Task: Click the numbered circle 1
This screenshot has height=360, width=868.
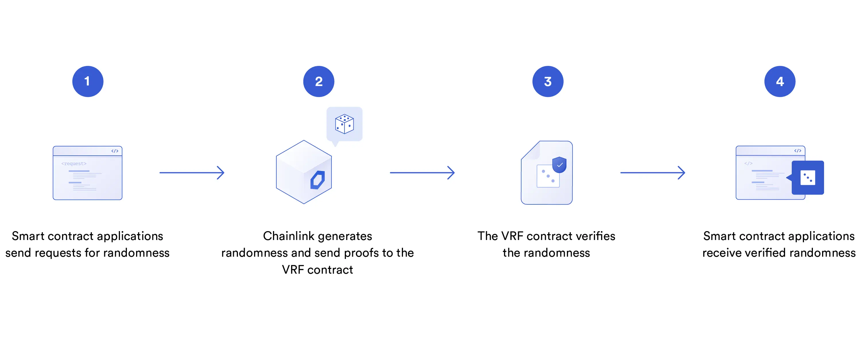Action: click(88, 81)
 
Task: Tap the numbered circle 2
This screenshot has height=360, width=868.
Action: click(318, 81)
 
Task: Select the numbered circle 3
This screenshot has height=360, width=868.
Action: click(548, 81)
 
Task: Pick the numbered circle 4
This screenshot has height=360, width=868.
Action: click(779, 81)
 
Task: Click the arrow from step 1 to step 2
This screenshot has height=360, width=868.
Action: click(192, 173)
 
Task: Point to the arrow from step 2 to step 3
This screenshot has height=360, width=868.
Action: click(422, 173)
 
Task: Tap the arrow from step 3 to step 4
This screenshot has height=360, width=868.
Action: click(652, 173)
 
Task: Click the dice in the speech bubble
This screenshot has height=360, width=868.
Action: click(344, 124)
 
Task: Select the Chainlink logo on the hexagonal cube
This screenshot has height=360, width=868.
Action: click(317, 180)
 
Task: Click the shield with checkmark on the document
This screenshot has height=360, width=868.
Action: click(559, 164)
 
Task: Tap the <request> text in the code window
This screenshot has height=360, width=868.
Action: click(74, 163)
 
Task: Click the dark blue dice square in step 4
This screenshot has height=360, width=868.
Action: click(807, 178)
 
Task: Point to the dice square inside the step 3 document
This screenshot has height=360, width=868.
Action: click(548, 176)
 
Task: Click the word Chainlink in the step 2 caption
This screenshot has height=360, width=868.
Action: click(288, 236)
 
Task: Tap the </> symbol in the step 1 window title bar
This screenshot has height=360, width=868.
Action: click(115, 151)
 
